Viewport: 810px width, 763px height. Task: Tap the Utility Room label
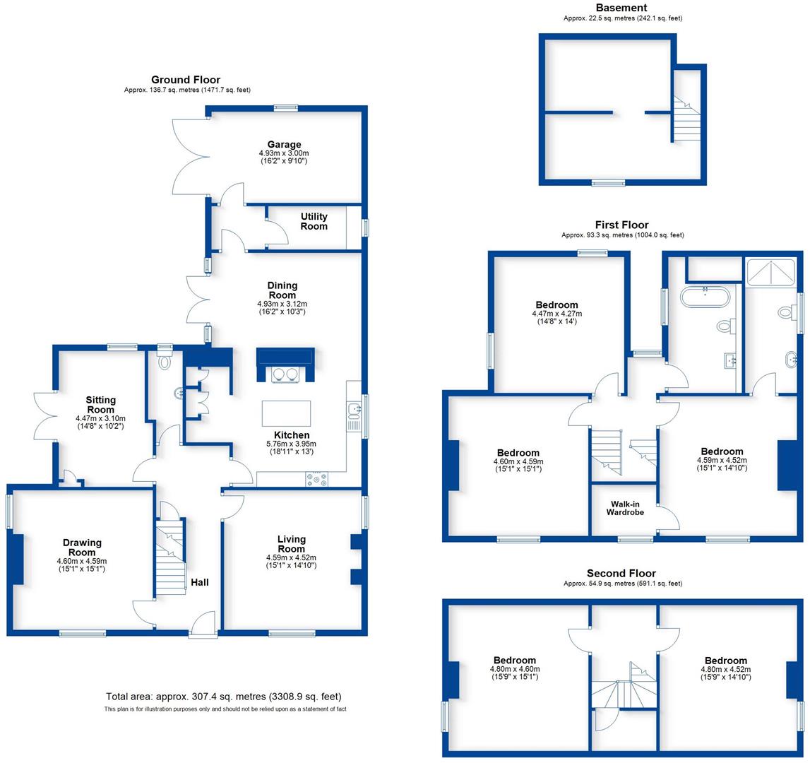314,221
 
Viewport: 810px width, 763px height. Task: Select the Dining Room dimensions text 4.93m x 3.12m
282,304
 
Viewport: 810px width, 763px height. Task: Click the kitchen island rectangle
285,413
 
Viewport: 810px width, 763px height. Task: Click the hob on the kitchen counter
316,479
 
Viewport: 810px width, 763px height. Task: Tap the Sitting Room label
100,405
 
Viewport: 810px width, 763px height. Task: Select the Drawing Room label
82,548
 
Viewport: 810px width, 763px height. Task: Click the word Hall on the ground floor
199,582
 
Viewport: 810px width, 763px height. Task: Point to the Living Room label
291,544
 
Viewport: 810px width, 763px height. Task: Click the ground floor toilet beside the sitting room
165,362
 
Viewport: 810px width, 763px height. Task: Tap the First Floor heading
621,225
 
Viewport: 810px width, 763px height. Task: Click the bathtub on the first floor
706,297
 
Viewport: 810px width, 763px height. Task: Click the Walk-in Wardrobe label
625,508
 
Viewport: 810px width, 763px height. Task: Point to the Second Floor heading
621,573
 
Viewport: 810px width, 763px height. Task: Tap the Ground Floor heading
186,80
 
